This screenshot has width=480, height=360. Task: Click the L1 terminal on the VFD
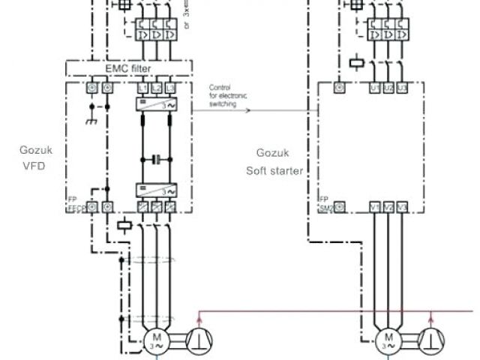pos(142,88)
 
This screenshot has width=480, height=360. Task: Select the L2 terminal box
pos(156,88)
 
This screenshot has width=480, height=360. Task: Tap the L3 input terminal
pos(170,88)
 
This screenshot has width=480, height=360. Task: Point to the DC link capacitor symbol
pos(156,159)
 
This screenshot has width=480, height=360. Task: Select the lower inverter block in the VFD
pos(156,190)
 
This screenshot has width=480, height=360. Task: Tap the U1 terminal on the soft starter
pos(375,88)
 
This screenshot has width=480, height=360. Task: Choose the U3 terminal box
pos(403,88)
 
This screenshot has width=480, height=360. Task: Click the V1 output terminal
pos(375,206)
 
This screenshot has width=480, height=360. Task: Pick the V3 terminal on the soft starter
pos(403,206)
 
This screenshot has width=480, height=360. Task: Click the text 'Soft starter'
pos(274,170)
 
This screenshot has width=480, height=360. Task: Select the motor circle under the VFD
pos(156,340)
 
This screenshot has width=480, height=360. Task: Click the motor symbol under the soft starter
pos(389,340)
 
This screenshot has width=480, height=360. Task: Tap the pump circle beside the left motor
pos(198,340)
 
